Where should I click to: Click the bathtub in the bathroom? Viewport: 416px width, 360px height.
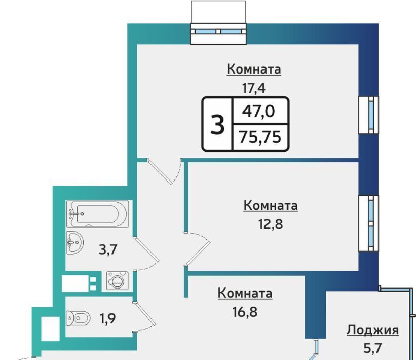[97, 214]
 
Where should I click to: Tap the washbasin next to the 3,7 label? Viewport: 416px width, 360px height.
[74, 243]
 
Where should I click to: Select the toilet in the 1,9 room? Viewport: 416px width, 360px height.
[78, 317]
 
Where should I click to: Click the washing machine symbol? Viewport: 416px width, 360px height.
[117, 280]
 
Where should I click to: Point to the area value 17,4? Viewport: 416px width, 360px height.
[254, 88]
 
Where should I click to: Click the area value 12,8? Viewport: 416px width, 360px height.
[271, 224]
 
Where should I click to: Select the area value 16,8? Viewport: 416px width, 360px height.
[245, 312]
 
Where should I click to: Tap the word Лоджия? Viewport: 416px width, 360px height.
[373, 331]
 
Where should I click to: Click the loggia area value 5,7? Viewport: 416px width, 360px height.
[372, 348]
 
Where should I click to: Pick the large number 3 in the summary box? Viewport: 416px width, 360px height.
[217, 125]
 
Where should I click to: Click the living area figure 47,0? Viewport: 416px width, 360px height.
[258, 111]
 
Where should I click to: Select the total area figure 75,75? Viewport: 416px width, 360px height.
[260, 137]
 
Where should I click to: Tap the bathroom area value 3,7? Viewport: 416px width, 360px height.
[108, 249]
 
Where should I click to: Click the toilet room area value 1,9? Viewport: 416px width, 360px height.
[107, 318]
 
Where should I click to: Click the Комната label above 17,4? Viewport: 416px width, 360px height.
[254, 69]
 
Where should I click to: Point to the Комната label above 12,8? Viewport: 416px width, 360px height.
[271, 206]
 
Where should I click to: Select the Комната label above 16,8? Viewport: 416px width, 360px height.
[245, 294]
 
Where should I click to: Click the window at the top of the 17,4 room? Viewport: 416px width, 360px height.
[218, 31]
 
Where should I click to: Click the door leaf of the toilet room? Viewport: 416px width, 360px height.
[145, 314]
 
